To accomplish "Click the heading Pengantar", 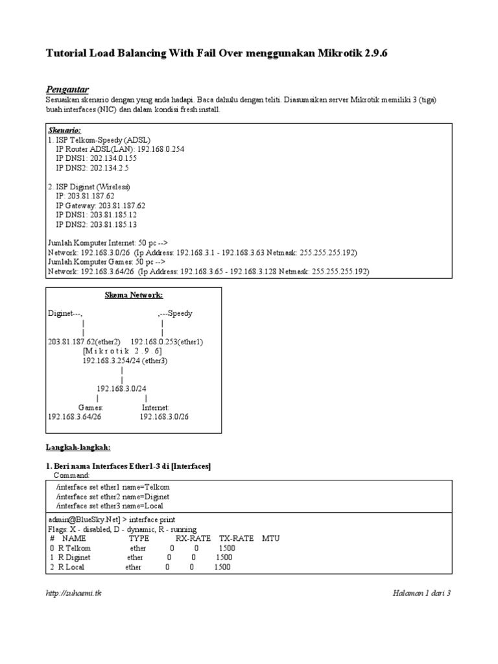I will click(67, 89).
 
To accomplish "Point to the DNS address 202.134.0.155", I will click(114, 158).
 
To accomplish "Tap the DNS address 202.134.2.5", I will click(110, 167).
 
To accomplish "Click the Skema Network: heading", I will click(134, 295).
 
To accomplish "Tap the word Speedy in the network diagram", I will click(180, 313).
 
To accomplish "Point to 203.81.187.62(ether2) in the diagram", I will click(84, 341).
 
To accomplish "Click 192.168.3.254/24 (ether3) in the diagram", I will click(125, 361).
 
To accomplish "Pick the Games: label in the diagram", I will click(91, 407).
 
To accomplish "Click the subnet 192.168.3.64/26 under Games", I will click(75, 417).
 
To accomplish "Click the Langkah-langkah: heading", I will click(78, 447).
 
